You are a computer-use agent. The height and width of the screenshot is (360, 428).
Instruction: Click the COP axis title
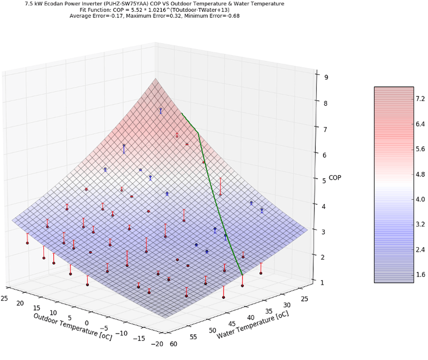click(335, 178)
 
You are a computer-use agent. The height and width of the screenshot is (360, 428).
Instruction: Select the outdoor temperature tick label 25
click(5, 298)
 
